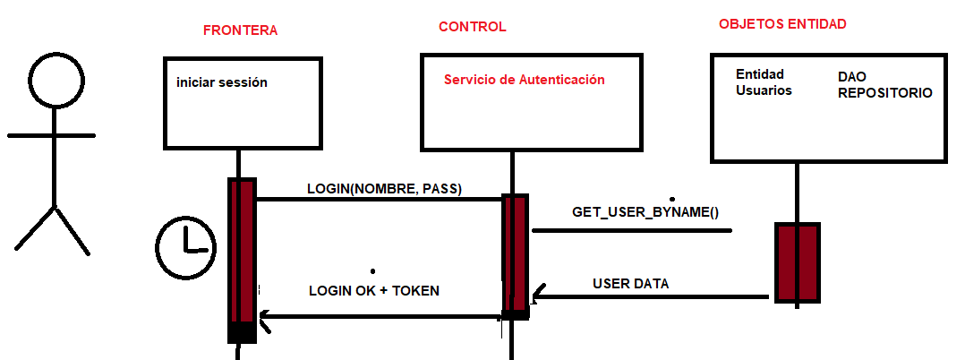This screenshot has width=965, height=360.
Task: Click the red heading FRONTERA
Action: point(240,30)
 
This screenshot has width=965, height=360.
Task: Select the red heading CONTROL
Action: point(472,27)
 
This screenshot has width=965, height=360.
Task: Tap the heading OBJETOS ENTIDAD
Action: point(781,24)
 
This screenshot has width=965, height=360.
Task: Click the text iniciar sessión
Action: point(222,82)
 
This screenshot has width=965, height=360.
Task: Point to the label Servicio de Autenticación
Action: point(524,80)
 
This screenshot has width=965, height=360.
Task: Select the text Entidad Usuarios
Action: point(764,81)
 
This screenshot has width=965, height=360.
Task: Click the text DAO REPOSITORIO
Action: point(884,85)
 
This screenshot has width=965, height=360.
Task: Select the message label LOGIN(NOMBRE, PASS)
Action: point(384,189)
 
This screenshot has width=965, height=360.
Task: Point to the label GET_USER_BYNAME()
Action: point(645,212)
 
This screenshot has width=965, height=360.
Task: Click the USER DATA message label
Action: point(630,284)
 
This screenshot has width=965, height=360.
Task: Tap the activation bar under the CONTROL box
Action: point(515,255)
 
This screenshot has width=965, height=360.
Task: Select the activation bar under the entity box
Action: point(797,262)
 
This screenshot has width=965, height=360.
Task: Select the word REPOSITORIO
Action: point(884,92)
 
